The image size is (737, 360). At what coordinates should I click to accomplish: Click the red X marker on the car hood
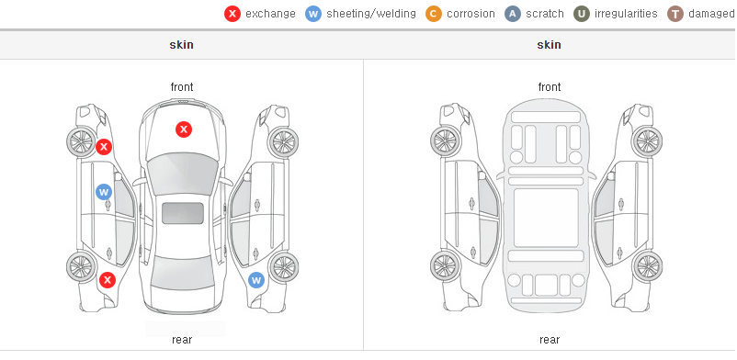(184, 129)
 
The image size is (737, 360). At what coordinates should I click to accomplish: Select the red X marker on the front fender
(104, 147)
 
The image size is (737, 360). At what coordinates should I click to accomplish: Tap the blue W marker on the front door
(104, 192)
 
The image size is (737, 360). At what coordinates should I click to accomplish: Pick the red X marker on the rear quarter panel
(108, 280)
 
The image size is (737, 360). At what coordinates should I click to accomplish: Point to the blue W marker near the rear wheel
(256, 281)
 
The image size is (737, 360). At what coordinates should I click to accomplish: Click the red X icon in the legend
(232, 14)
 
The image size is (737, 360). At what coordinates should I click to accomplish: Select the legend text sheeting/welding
(371, 14)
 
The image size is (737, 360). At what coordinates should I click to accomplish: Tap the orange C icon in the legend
(434, 14)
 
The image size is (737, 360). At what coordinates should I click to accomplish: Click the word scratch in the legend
(545, 14)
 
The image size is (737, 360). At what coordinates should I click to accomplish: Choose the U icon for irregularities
(582, 14)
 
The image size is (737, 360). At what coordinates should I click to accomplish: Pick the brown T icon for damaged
(675, 14)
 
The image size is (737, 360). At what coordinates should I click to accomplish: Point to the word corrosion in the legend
(471, 14)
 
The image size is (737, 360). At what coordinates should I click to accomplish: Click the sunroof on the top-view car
(183, 213)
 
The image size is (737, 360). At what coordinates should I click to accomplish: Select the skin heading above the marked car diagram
(181, 45)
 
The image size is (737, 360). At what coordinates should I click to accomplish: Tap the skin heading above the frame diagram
(549, 45)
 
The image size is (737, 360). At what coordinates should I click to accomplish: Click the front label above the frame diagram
(550, 87)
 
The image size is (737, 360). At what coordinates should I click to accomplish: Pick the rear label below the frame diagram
(550, 340)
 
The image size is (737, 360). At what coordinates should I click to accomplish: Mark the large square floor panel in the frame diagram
(546, 218)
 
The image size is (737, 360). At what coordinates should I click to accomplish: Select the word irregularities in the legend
(626, 14)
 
